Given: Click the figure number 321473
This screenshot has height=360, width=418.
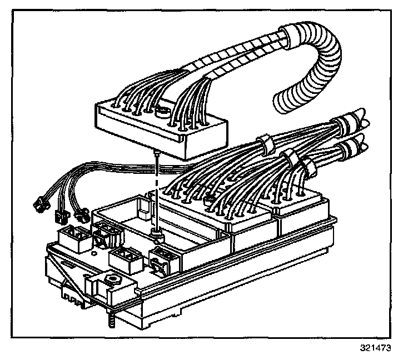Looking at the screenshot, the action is click(375, 349).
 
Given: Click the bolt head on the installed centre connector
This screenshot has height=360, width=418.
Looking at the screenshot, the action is click(210, 200).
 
